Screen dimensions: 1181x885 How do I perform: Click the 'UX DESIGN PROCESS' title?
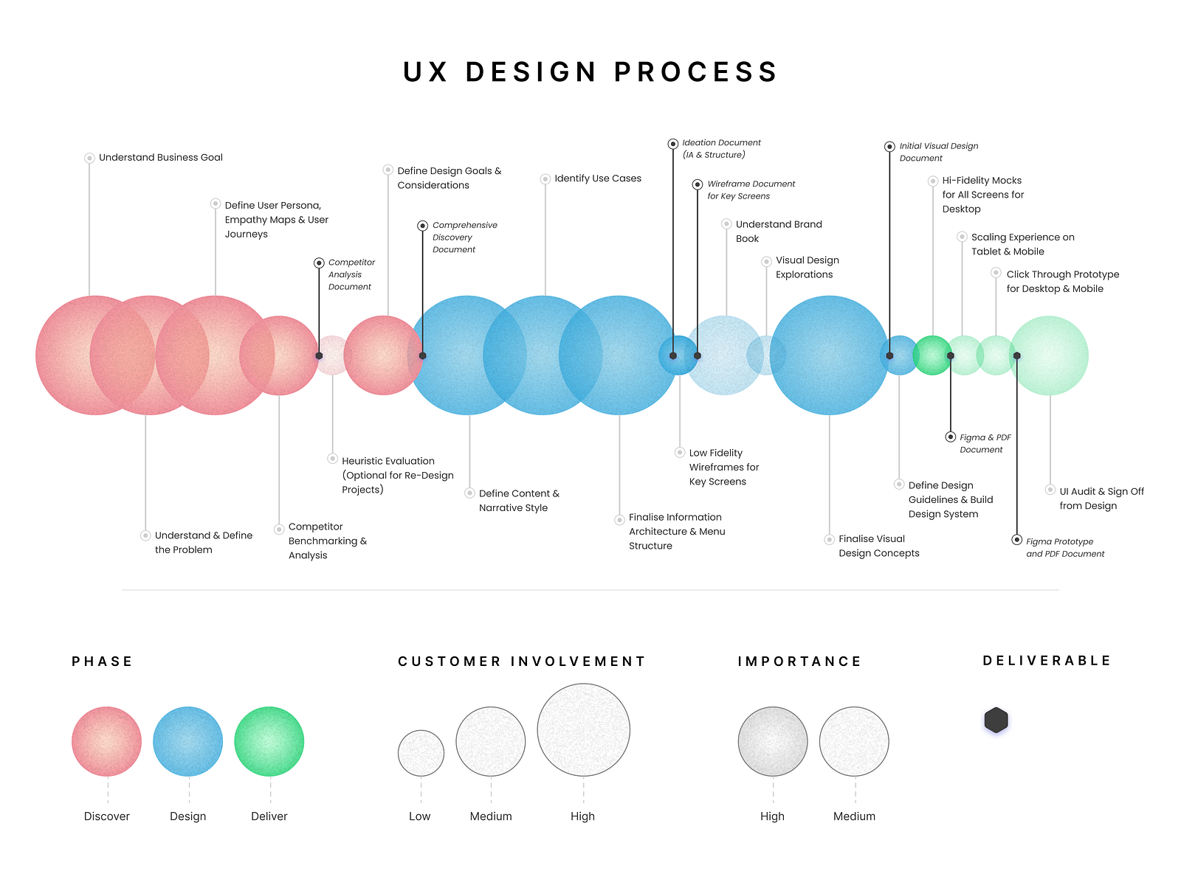point(590,72)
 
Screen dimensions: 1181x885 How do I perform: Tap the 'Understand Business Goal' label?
point(160,157)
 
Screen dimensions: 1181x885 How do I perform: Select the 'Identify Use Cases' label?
point(598,178)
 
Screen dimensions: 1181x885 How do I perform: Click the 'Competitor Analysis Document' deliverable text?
point(351,274)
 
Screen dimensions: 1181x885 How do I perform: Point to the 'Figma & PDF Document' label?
point(985,444)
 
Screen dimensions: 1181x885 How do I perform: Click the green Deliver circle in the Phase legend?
point(269,741)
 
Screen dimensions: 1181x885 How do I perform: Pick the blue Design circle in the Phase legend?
point(187,741)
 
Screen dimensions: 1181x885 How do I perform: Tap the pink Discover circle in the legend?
point(106,741)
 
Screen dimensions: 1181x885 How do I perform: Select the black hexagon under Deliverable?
point(996,720)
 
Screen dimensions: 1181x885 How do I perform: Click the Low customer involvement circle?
point(421,753)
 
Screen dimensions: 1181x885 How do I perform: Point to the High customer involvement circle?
point(583,729)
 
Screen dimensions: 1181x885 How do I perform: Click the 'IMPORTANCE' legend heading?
point(799,662)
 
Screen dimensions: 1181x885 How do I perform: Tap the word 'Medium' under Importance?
point(854,816)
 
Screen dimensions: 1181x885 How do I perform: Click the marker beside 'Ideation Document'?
point(672,144)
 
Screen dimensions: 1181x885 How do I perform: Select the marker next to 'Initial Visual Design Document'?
point(889,147)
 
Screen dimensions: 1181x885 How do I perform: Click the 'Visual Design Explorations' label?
point(807,267)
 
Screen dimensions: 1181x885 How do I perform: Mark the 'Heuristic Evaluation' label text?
point(398,476)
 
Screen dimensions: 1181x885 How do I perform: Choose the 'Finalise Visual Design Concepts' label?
point(878,546)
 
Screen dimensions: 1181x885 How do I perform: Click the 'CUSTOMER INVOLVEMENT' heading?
point(521,662)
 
